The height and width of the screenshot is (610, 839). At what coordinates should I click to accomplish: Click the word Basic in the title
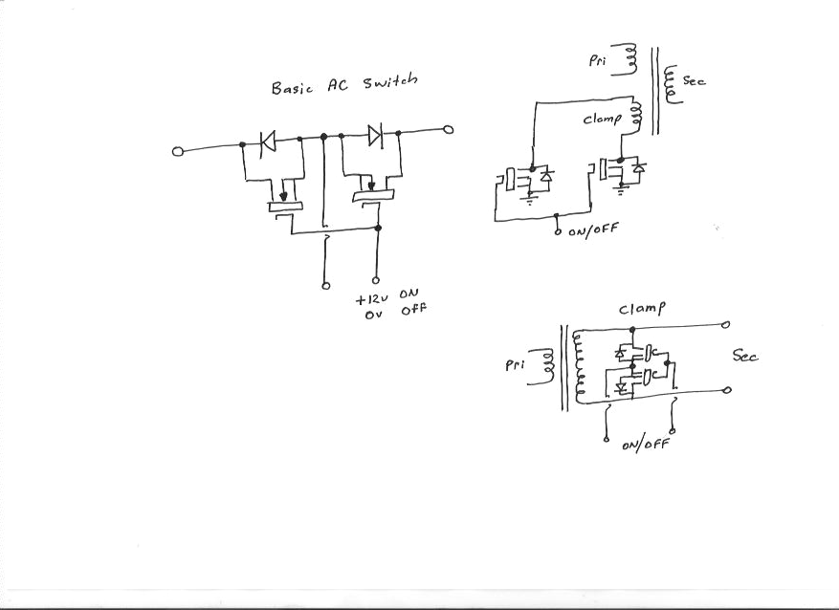point(293,88)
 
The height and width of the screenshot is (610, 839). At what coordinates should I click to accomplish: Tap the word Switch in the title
point(390,85)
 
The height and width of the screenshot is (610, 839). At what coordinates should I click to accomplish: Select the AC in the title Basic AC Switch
point(339,86)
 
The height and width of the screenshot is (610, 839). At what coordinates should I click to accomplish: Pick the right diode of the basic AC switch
point(374,135)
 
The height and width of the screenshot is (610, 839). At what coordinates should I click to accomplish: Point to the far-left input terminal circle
point(177,151)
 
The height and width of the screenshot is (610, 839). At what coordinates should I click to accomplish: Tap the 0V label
point(373,316)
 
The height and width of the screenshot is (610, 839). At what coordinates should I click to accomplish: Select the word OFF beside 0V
point(413,311)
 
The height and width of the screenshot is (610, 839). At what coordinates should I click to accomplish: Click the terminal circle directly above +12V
point(376,281)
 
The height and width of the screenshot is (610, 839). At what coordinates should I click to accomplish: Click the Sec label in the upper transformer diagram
point(694,82)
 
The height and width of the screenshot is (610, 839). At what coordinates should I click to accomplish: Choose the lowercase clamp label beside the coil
point(603,120)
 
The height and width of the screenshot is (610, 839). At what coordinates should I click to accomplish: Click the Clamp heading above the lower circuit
point(642,309)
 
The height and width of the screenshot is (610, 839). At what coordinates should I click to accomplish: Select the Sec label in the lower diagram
point(745,356)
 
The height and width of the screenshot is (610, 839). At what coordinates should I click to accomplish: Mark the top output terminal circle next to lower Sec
point(728,325)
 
